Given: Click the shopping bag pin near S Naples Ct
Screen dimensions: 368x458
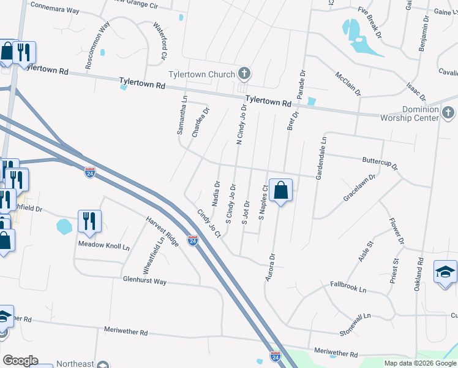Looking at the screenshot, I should point(280,191).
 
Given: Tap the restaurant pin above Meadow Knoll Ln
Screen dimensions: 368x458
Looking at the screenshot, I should point(90,221).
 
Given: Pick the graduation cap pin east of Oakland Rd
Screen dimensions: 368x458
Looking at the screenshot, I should point(445,272).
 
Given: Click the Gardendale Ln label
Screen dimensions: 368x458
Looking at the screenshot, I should point(321,159).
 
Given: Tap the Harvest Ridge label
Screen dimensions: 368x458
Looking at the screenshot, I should point(162,231).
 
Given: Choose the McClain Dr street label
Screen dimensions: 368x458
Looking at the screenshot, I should point(348,84).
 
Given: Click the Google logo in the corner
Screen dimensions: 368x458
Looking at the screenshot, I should point(20,361).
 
